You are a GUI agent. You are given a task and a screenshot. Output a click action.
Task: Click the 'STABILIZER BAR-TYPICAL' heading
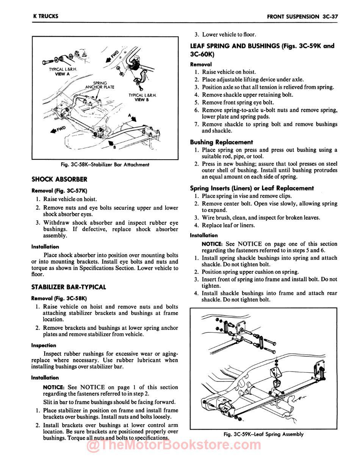pos(69,287)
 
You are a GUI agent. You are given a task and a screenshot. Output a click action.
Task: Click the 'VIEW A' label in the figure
pos(62,74)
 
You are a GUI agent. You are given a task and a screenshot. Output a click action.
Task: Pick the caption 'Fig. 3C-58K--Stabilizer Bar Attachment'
pos(105,165)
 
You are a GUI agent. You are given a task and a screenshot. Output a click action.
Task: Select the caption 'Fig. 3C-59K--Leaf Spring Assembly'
pos(264,434)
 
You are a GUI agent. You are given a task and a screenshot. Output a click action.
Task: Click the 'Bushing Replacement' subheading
pos(221,142)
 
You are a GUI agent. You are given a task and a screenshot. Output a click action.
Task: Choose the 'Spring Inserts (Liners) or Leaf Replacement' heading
pos(252,188)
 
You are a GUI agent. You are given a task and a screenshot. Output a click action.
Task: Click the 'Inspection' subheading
pos(44,345)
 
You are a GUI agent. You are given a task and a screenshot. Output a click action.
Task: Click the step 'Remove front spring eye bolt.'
pos(238,102)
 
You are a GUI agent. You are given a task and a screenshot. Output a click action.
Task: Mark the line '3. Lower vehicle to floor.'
pos(225,35)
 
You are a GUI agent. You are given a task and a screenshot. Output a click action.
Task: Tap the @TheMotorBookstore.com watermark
pos(174,446)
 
